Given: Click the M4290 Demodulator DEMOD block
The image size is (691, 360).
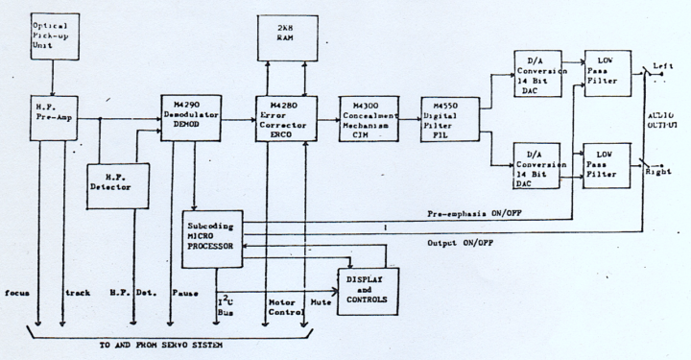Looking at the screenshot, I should (195, 119).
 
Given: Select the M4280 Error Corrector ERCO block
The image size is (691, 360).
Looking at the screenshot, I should (285, 119).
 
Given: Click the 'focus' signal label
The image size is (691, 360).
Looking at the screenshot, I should (20, 290).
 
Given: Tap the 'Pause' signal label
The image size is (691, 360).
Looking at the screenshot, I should (183, 290).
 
